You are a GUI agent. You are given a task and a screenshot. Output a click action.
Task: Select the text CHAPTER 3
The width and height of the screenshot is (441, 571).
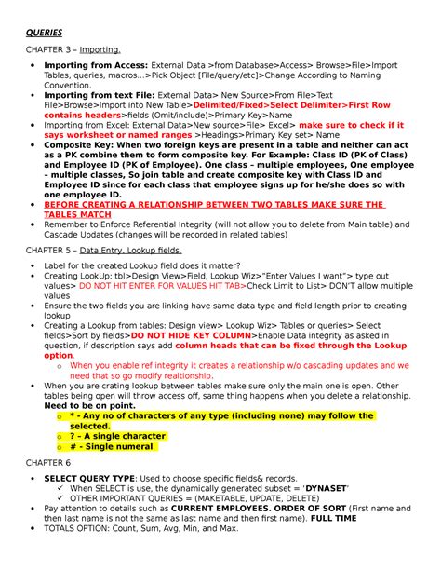(45, 48)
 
